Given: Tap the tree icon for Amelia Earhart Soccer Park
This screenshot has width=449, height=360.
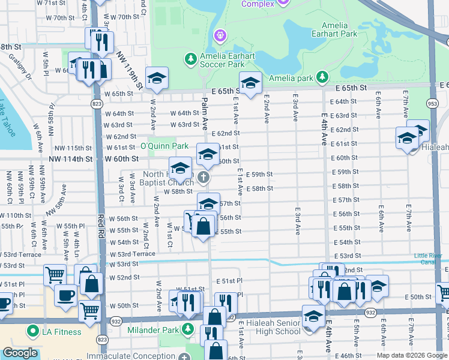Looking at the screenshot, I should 190,59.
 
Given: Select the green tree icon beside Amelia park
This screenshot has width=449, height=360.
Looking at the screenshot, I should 323,77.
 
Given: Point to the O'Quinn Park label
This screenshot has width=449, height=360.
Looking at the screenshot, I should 164,146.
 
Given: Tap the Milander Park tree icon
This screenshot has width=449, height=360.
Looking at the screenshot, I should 188,329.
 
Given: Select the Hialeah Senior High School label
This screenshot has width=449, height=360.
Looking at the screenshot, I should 273,327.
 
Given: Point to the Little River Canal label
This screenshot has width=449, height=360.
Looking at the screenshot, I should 431,259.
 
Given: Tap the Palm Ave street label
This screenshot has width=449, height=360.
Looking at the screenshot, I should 204,113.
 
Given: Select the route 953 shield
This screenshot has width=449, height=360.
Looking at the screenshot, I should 432,103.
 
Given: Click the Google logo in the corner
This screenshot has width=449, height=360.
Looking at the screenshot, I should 20,353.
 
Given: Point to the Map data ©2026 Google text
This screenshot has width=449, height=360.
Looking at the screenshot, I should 412,355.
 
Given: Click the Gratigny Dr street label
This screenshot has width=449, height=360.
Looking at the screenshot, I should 20,67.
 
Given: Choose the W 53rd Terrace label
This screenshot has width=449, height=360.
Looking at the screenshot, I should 22,255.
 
